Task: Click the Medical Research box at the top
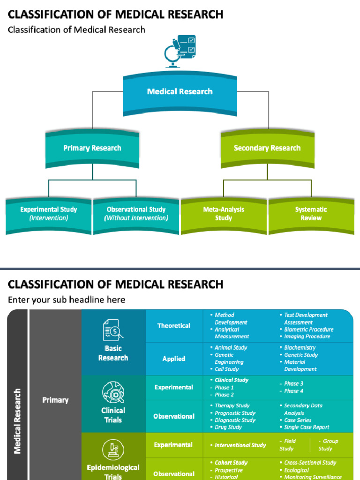coord(180,92)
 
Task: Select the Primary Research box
coord(92,148)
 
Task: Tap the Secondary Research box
coord(267,148)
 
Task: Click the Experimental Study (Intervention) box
coord(48,214)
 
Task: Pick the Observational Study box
coord(136,214)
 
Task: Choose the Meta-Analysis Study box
coord(224,214)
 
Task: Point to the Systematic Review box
coord(311,214)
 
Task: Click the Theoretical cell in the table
coord(173,326)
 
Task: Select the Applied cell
coord(173,359)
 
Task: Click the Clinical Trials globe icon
coord(113,392)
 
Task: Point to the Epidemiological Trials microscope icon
coord(113,450)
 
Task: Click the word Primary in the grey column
coord(55,400)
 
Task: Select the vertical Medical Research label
coord(18,420)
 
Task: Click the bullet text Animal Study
coord(231,348)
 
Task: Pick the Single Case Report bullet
coord(307,427)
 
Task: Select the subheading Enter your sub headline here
coord(67,300)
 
